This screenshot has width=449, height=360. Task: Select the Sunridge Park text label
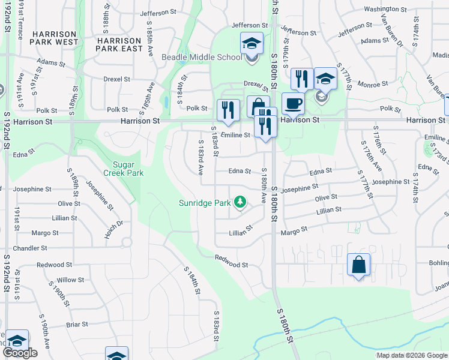pos(205,203)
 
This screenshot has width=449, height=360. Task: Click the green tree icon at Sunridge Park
pos(240,202)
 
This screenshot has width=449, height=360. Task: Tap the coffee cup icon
pos(292,103)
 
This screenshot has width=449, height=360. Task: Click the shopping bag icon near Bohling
pos(358,264)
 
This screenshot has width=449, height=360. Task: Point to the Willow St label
pos(71,280)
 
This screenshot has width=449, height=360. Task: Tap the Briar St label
pos(77,324)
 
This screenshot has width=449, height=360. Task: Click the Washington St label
pos(385,9)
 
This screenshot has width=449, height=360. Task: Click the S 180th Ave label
pos(264,188)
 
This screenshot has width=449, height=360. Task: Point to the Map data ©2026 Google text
pos(412,355)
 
